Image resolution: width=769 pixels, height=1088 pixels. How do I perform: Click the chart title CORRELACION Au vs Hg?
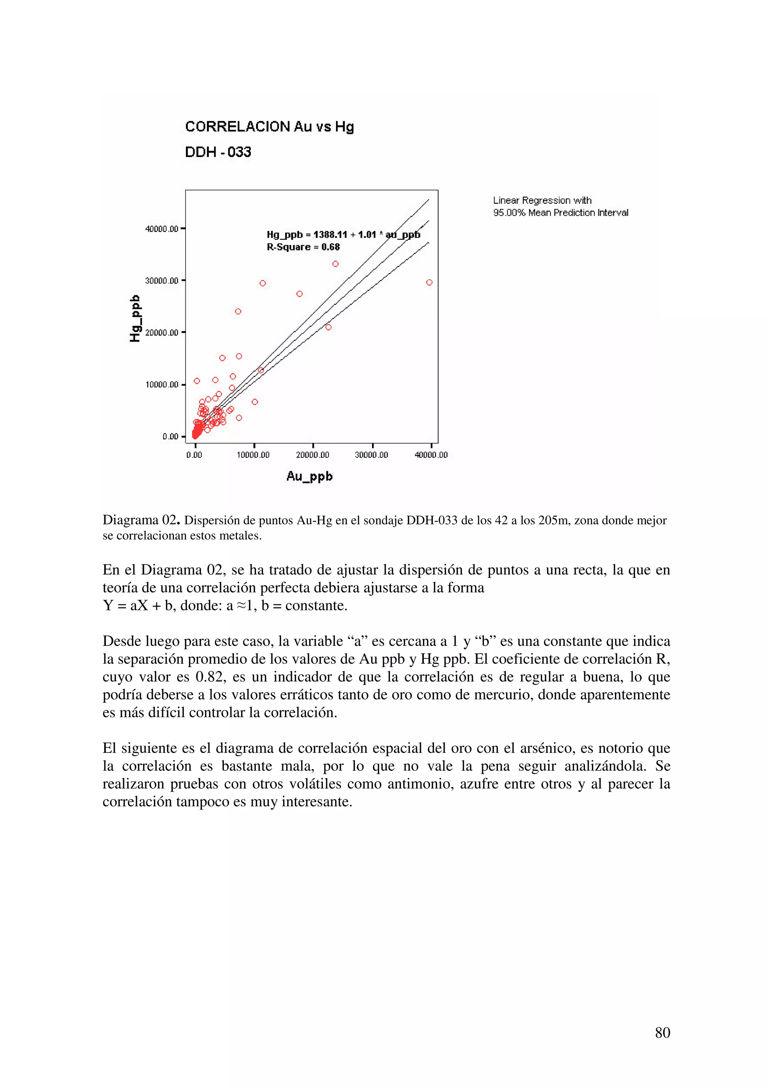coord(269,127)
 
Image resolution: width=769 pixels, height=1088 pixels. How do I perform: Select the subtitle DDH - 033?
coord(218,152)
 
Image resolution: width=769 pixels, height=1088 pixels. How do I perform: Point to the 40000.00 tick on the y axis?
coord(161,229)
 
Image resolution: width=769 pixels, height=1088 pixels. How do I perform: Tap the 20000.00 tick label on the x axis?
coord(312,455)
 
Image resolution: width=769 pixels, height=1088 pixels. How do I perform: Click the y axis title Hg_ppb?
coord(135,318)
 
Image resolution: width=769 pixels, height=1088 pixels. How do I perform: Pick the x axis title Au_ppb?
coord(309,476)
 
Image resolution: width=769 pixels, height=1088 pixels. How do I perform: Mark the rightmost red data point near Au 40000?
coord(429,282)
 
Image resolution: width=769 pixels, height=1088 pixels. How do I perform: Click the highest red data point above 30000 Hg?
coord(335,264)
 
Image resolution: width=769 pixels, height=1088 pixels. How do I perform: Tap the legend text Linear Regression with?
coord(542,200)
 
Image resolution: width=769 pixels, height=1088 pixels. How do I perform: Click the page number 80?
coord(662,1032)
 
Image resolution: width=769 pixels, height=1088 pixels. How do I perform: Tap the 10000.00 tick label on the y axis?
coord(161,384)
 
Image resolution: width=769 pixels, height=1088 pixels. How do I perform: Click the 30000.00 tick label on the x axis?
coord(371,455)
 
